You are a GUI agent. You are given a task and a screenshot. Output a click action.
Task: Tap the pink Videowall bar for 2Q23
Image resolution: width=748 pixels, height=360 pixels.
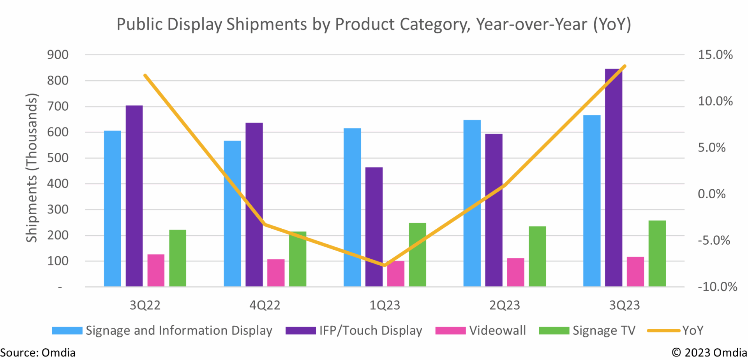point(515,272)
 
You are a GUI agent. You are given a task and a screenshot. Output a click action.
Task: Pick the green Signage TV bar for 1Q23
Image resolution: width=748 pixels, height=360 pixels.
point(417,255)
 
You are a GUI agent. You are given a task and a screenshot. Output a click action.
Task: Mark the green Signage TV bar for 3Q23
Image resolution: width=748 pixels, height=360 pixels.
point(657,254)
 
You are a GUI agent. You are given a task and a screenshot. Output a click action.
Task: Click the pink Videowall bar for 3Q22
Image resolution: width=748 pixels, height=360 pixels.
point(156,270)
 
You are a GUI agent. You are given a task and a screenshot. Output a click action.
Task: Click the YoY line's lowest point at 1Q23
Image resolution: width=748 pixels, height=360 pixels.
point(385,265)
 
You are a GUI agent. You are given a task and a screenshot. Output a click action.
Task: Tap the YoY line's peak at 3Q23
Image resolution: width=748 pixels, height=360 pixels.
point(625,66)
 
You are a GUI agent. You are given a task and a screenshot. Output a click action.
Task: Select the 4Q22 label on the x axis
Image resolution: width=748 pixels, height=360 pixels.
point(265,305)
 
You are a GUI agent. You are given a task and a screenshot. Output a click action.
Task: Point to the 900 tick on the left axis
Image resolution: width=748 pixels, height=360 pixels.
point(58,55)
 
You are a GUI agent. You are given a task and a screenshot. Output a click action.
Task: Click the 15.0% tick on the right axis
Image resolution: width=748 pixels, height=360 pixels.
point(715,55)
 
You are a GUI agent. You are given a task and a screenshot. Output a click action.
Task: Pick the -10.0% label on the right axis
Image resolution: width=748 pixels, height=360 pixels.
point(717,287)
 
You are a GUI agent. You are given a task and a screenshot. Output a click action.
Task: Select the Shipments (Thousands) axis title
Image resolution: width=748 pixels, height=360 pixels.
point(32,168)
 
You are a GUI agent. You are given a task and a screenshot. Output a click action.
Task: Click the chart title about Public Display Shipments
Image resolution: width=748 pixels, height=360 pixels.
point(374,24)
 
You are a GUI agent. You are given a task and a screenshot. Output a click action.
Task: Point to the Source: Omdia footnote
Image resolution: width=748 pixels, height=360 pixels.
point(38,353)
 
